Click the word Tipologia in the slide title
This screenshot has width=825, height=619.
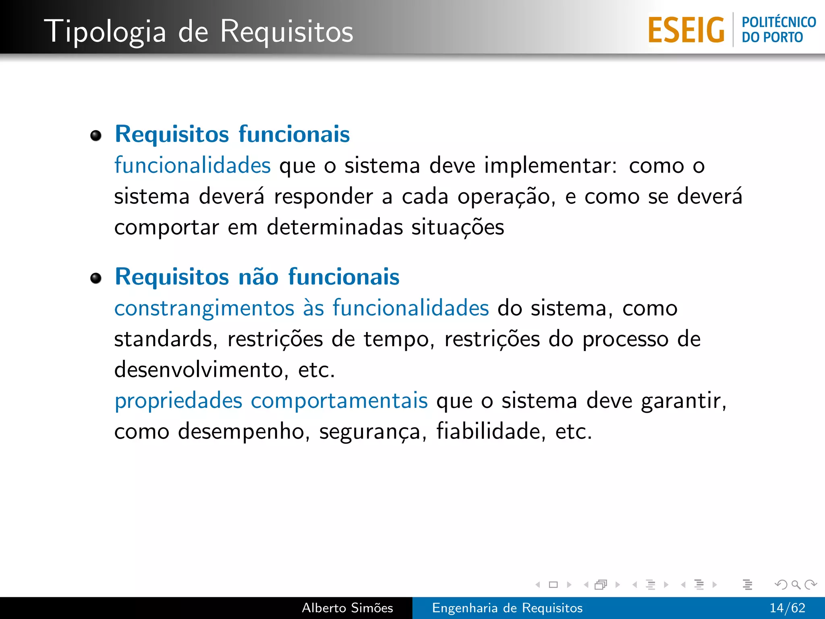[105, 32]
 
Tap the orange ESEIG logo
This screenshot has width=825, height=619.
[686, 30]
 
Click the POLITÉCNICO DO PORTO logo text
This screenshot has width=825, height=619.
[778, 29]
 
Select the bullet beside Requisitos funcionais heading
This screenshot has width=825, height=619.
[96, 136]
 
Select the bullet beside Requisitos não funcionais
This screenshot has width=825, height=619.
[96, 278]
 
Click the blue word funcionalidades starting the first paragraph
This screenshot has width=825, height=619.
[193, 165]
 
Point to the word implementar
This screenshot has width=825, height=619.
[550, 166]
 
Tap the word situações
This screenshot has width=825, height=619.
[458, 227]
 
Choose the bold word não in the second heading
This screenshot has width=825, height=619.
[258, 277]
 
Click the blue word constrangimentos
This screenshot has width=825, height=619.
[204, 309]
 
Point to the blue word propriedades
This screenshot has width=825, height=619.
[178, 401]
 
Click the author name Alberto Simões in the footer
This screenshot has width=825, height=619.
[347, 608]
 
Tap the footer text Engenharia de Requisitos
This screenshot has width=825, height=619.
[507, 608]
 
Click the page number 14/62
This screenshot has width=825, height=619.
[787, 608]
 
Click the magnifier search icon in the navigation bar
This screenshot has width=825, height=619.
[796, 584]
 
